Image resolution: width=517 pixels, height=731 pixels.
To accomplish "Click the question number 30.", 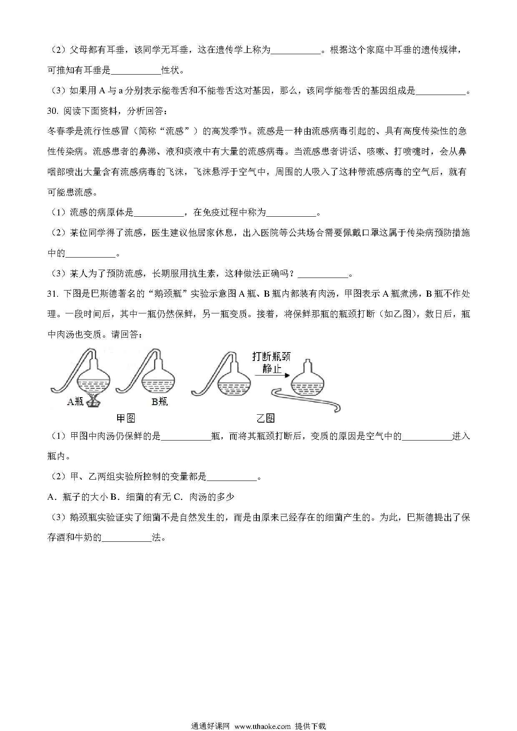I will tap(53, 111).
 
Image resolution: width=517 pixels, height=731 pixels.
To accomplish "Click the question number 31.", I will tap(53, 294).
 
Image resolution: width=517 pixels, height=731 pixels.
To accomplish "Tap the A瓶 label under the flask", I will tap(75, 401).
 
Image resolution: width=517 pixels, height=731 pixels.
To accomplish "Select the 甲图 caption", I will tap(125, 418).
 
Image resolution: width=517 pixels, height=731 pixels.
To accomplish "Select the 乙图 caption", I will tap(266, 418).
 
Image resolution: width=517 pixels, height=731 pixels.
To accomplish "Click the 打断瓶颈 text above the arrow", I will tap(271, 357).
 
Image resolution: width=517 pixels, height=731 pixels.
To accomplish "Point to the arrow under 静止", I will tap(272, 375).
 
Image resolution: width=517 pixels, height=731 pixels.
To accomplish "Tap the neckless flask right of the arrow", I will tap(307, 381).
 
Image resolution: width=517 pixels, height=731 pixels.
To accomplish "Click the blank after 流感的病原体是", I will tap(158, 213).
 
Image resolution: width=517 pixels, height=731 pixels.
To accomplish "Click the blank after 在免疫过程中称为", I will tap(291, 213).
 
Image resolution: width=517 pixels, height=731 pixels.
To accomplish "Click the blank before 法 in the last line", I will tap(126, 538).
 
